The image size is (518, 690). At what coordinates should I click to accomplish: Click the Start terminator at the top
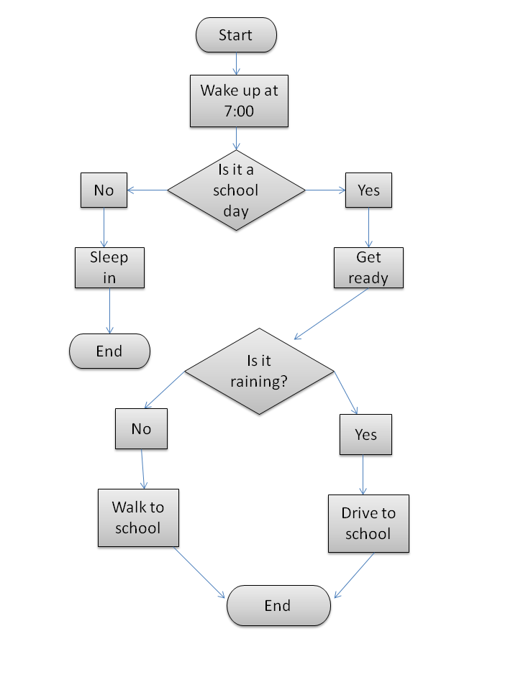click(x=236, y=35)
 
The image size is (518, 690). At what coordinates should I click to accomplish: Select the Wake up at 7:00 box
click(x=239, y=101)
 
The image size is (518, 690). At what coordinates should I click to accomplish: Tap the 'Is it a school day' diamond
click(x=236, y=190)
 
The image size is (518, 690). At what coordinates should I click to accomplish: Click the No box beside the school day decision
click(x=104, y=190)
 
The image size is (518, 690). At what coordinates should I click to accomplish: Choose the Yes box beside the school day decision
click(x=368, y=190)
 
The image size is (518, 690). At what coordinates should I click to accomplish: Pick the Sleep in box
click(x=109, y=267)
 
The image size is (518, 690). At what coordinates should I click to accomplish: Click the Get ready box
click(x=368, y=267)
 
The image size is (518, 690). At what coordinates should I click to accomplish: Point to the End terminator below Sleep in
click(x=109, y=351)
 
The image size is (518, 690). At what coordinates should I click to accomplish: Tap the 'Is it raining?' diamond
click(x=259, y=372)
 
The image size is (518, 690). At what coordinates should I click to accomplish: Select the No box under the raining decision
click(x=141, y=429)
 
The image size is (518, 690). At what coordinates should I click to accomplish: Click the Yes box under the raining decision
click(x=365, y=434)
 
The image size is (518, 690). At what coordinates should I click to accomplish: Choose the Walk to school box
click(x=138, y=517)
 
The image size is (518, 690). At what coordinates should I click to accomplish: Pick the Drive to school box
click(x=368, y=523)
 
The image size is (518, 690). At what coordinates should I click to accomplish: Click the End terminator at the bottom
click(x=278, y=606)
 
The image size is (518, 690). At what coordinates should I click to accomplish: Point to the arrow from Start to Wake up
click(x=237, y=64)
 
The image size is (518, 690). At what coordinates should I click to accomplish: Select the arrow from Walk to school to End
click(x=200, y=572)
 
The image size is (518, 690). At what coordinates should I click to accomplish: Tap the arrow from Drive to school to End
click(x=354, y=576)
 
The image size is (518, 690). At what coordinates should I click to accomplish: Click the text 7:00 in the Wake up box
click(x=239, y=111)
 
